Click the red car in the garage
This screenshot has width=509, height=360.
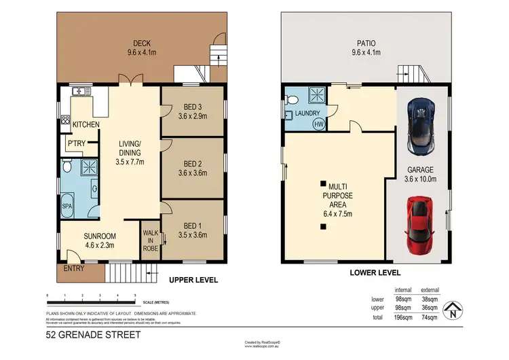(x=418, y=223)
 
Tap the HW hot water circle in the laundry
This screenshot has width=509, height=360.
(x=317, y=124)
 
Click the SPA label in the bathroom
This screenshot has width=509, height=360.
(x=67, y=204)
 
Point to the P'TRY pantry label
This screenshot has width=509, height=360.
(x=75, y=145)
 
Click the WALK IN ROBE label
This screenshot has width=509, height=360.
(x=149, y=239)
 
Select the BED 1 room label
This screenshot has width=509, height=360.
(x=193, y=226)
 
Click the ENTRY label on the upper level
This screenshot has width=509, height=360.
(x=73, y=269)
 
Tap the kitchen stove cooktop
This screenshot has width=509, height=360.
(x=65, y=122)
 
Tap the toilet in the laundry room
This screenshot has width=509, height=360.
(x=289, y=115)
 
